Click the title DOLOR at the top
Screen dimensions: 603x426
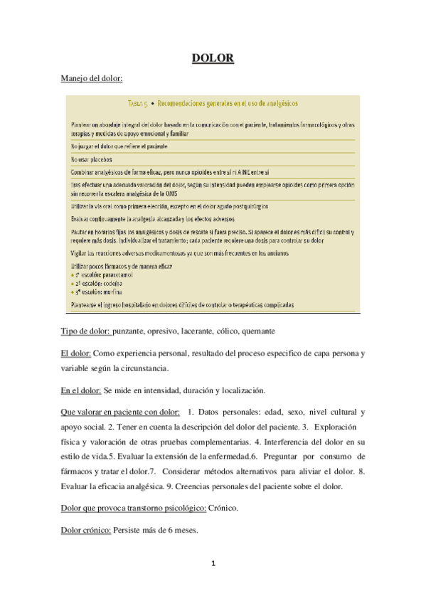coord(213,58)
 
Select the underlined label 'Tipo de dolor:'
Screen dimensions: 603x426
coord(85,332)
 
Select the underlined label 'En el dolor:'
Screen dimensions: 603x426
coord(80,390)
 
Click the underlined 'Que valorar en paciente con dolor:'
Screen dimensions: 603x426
coord(119,412)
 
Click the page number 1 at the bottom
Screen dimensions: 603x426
coord(213,564)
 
